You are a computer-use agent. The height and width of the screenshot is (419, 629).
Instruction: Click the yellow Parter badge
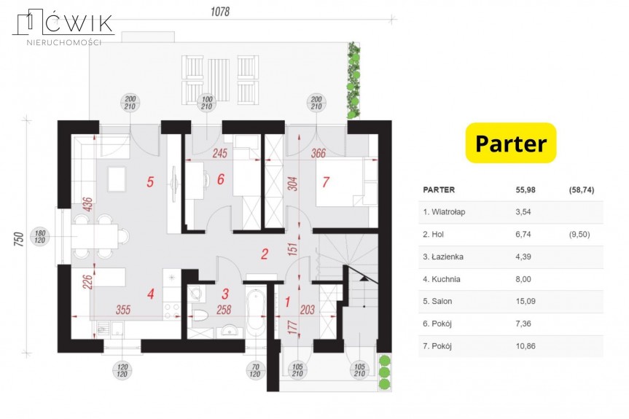[511, 143]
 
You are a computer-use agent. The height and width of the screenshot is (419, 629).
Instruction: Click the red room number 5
[150, 182]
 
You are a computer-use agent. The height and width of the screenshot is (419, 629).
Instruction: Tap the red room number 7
[325, 182]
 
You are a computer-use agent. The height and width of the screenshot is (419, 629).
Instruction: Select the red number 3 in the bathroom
[225, 294]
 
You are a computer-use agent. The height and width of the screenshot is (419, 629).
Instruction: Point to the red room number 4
[150, 294]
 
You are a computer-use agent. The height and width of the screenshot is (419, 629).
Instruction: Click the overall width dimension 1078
[220, 12]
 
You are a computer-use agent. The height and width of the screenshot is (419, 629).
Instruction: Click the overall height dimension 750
[19, 239]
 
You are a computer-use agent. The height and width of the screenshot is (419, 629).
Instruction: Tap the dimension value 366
[318, 153]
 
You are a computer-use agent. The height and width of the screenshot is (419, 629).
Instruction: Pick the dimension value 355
[123, 310]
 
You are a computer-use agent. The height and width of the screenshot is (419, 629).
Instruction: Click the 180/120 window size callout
[39, 237]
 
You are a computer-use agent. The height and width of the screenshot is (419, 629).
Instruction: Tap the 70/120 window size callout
[255, 370]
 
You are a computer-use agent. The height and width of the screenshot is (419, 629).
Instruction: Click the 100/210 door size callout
[206, 103]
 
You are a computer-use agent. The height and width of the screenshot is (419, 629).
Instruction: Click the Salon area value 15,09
[526, 301]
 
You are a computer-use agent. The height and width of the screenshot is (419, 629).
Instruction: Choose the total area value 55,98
[526, 189]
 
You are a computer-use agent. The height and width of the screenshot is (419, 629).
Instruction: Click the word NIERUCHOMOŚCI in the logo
[63, 42]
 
